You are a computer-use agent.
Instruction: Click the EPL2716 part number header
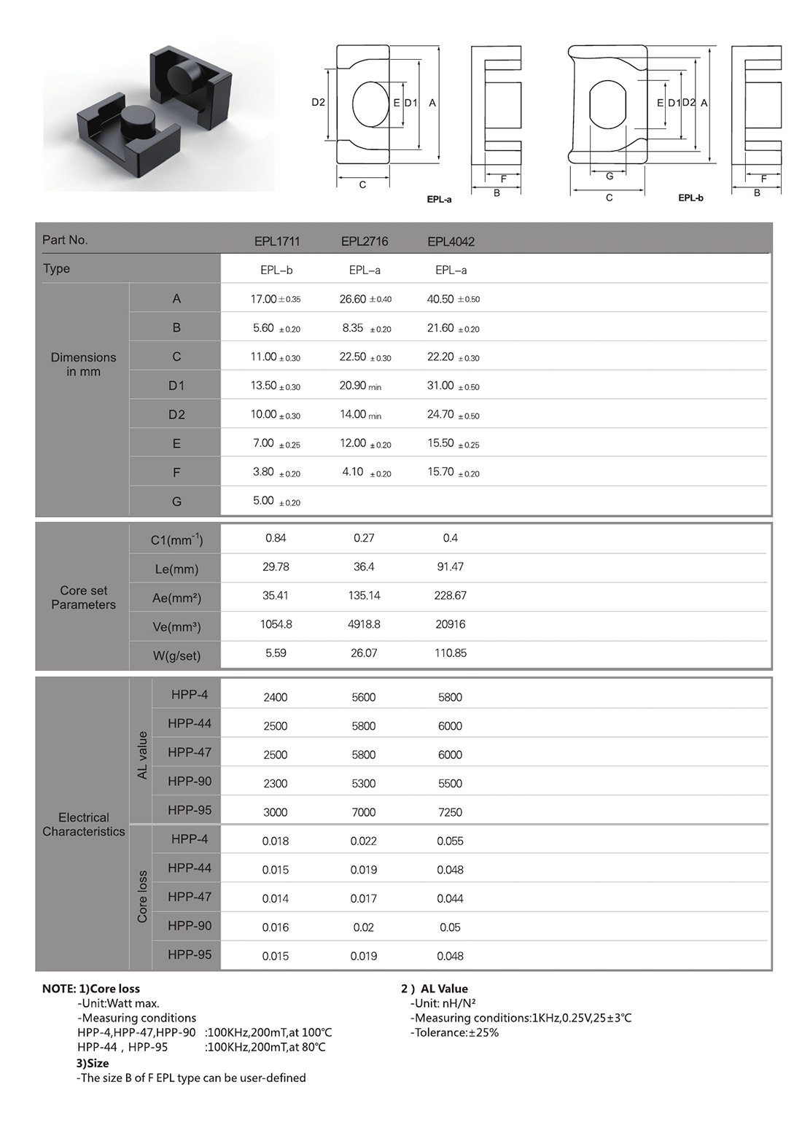pos(364,241)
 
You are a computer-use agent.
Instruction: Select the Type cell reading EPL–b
pos(276,270)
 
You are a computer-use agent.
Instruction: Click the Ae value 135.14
pos(364,596)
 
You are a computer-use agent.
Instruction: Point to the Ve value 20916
pos(450,624)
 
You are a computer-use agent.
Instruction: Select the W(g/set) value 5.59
pos(276,653)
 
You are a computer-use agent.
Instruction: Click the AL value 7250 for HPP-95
pos(450,812)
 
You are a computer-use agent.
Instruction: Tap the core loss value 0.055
pos(450,841)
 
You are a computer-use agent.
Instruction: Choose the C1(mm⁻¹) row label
pos(176,540)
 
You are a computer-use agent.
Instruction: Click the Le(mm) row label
pos(176,569)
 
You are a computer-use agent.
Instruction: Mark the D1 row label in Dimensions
pos(176,386)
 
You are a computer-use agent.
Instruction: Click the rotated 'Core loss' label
pos(142,897)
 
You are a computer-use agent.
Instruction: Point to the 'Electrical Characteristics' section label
pos(83,825)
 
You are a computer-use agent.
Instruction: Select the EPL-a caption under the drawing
pos(439,199)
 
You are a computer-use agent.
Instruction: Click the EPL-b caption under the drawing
pos(690,198)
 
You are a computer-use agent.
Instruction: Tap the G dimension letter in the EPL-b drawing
pos(610,176)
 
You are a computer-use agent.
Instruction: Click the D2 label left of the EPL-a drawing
pos(318,103)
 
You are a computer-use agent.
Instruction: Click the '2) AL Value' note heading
pos(435,989)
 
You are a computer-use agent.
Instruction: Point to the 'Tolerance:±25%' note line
pos(456,1032)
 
